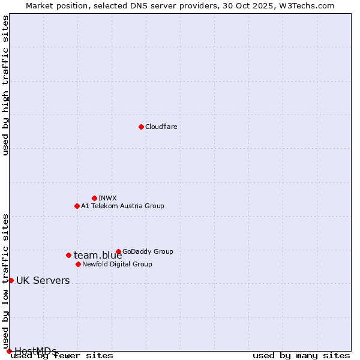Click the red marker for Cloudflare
tap(141, 127)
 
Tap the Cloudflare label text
tap(161, 127)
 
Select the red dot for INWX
tap(94, 198)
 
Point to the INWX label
tap(107, 198)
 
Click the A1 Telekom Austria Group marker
tap(77, 206)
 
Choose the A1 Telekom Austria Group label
tap(122, 206)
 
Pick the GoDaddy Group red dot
tap(118, 251)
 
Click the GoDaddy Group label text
tap(147, 251)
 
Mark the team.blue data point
tap(68, 255)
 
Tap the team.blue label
tap(98, 256)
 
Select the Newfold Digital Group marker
tap(78, 264)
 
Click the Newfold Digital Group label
tap(117, 264)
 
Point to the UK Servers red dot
tap(11, 280)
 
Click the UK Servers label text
tap(43, 281)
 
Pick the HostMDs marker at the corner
tap(9, 351)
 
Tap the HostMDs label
tap(35, 351)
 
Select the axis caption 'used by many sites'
tap(301, 356)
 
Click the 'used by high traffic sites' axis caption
tap(6, 85)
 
